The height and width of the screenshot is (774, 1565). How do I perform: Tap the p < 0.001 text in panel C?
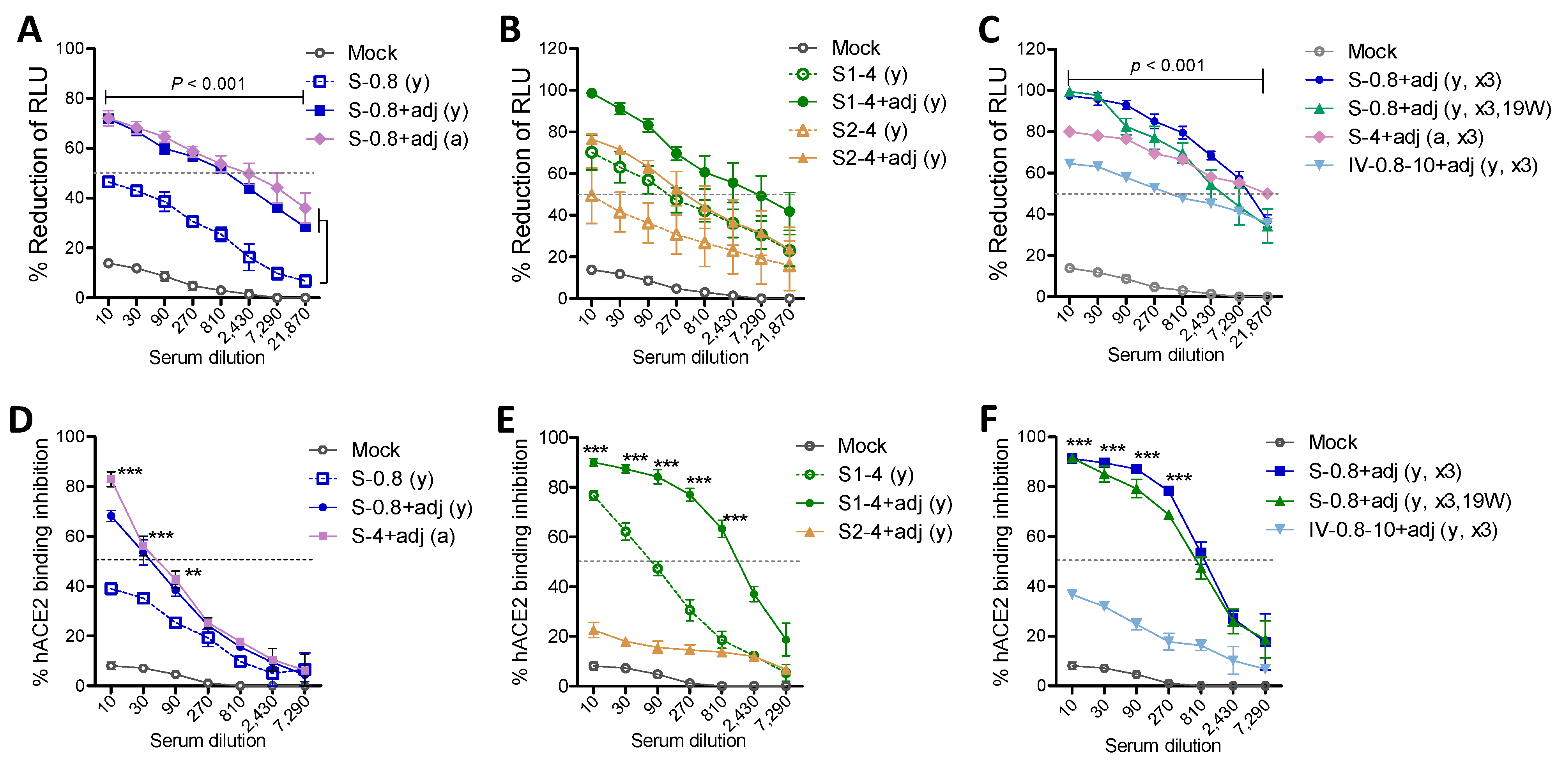point(1167,65)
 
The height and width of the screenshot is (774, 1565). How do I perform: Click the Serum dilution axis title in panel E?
point(688,740)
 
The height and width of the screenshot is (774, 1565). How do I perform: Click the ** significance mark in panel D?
point(193,573)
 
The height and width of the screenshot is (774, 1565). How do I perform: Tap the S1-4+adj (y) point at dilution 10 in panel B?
point(591,93)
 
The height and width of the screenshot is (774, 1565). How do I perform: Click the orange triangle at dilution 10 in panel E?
point(594,631)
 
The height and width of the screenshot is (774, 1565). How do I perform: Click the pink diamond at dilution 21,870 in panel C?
point(1267,194)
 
